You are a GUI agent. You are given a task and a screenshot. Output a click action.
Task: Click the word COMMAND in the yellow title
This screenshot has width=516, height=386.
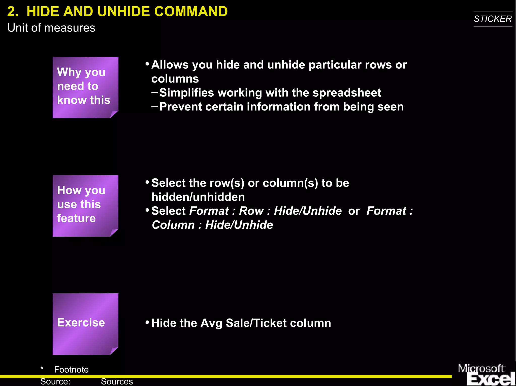coord(191,12)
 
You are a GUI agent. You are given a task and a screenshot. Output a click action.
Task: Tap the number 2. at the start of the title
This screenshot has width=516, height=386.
coord(13,12)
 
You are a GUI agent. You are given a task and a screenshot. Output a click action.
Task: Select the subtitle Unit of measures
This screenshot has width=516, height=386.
coord(51,28)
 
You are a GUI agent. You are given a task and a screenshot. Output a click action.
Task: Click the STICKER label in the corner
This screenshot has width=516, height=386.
coord(493,19)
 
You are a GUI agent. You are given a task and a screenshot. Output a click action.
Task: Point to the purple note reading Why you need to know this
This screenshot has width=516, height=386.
coord(85,87)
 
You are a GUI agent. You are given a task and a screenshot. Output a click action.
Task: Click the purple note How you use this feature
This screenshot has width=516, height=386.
coord(85,205)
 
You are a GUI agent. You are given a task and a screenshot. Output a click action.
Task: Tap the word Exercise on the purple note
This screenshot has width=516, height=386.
coord(81,323)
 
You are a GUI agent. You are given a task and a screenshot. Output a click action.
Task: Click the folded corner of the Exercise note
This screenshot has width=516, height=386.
coord(114,351)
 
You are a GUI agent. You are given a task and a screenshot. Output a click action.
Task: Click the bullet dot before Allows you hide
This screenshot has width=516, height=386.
coord(147,64)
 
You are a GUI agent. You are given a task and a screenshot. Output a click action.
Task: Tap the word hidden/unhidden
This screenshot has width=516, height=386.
coord(198,197)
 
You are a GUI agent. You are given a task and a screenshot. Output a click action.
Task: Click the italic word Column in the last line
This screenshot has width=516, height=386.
coord(173,225)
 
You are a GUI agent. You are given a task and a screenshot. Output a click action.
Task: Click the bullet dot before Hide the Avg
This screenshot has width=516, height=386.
coord(147,322)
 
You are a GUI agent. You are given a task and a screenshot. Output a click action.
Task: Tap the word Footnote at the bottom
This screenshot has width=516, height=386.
coord(71,370)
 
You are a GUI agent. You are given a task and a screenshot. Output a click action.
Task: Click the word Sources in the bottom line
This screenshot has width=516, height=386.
coord(117,381)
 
